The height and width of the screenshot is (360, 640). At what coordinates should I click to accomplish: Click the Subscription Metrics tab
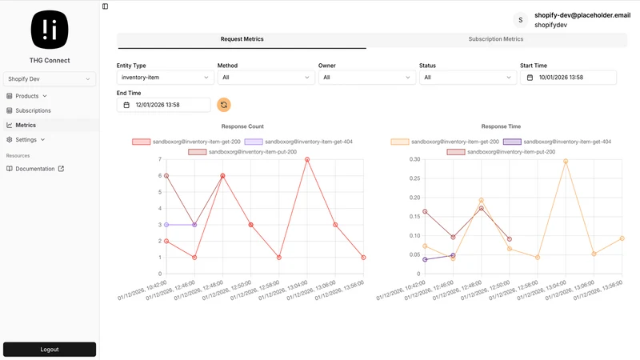pos(495,39)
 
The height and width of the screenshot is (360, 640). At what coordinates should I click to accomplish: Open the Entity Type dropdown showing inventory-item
pos(166,78)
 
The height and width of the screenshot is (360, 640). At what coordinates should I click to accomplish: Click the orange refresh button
pos(224,105)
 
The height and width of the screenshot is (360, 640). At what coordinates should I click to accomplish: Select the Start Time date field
pos(568,78)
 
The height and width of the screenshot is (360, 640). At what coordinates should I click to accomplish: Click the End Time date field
pos(164,105)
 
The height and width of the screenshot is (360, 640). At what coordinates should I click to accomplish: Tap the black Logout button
pos(50,350)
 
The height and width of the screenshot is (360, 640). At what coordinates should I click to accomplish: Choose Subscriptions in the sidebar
pos(33,110)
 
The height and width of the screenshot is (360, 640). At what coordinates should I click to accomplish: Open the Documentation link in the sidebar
pos(35,169)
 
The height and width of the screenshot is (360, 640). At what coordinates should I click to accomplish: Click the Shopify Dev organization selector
pos(50,78)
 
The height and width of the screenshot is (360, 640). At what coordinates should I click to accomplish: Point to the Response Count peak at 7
pos(307,159)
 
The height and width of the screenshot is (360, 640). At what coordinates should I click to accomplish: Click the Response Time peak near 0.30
pos(566,162)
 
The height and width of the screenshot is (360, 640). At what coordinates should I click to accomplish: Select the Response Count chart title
pos(242,126)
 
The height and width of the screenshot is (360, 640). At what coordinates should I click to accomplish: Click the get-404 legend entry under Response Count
pos(298,142)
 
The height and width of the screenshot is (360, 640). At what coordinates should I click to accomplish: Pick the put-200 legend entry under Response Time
pos(501,152)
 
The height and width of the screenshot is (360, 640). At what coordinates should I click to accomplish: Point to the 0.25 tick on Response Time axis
pos(414,178)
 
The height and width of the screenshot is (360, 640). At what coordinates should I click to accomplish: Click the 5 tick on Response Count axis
pos(160,192)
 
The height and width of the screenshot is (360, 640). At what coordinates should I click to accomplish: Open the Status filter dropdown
pos(468,78)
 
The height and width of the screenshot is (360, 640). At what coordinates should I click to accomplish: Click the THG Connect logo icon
pos(50,30)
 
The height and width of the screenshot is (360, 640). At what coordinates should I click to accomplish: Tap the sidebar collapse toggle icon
pos(106,6)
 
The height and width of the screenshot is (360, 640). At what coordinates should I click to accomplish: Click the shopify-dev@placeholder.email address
pos(582,15)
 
